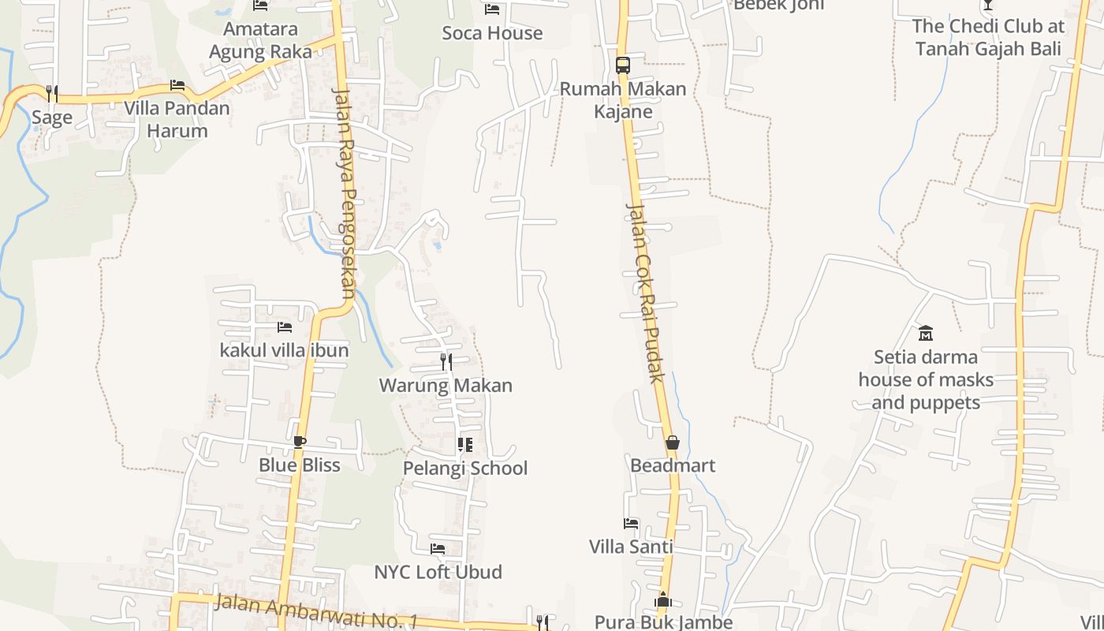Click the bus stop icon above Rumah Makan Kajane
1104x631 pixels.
point(623,65)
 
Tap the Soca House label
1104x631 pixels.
point(492,33)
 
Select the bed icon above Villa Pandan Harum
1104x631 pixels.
point(177,85)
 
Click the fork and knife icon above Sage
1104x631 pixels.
point(52,94)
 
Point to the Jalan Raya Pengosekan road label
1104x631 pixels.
point(345,194)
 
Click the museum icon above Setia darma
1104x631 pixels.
point(926,333)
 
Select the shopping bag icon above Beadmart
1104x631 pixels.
point(673,442)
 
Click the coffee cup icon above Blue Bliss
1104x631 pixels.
point(299,442)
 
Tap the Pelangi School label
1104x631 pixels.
point(465,469)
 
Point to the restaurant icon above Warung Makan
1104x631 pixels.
point(446,362)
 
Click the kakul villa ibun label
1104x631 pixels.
point(284,350)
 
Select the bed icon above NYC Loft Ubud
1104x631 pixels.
point(438,549)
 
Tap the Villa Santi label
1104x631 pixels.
point(631,547)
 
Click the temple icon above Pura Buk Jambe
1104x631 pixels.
point(663,600)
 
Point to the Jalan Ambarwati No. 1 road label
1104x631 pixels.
point(315,612)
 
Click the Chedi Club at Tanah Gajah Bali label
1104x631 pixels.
point(988,37)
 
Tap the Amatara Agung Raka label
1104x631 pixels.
point(260,40)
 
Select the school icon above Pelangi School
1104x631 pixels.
point(465,445)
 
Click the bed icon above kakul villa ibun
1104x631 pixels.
point(284,327)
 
